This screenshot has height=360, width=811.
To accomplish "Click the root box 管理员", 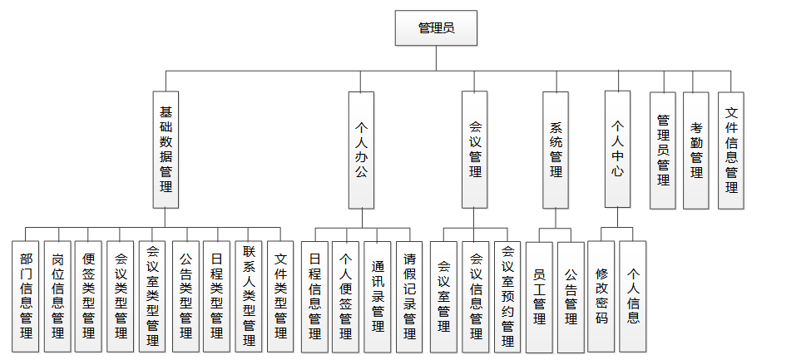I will (437, 29).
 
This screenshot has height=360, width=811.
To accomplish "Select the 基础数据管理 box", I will (166, 149).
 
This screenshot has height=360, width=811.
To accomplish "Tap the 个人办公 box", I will (361, 149).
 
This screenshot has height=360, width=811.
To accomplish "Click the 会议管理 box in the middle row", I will (475, 149).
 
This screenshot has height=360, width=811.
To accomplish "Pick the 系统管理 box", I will (556, 149).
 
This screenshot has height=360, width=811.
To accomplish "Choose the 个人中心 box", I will (617, 149).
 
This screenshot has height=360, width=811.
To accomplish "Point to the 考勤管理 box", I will (696, 150).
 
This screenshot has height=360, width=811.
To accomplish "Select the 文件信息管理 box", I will (730, 150).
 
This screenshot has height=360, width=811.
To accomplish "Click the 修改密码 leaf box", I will (601, 295).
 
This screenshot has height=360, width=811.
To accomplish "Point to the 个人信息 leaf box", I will (633, 295).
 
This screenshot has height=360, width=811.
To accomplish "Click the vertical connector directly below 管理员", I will (437, 58).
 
